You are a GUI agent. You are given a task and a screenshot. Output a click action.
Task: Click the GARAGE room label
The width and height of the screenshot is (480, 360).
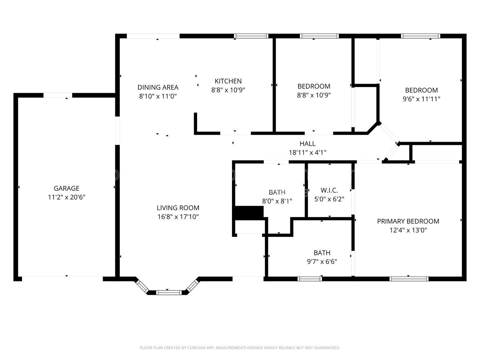click(x=66, y=188)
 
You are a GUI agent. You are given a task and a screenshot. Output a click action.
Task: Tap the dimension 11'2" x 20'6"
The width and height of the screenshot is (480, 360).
click(x=66, y=197)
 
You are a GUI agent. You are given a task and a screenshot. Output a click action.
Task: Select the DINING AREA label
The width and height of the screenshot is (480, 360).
click(x=158, y=87)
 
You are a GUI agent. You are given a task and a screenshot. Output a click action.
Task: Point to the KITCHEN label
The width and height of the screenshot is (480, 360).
click(x=228, y=81)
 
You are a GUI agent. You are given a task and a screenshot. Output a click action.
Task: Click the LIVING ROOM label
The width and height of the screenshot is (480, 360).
click(x=178, y=208)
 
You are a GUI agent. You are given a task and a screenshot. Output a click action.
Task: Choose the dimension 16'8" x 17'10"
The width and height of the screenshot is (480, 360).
click(x=178, y=217)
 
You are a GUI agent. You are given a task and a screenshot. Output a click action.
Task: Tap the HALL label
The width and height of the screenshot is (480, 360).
click(x=307, y=144)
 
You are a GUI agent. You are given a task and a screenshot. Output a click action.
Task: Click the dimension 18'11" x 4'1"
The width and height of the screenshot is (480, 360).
click(x=307, y=153)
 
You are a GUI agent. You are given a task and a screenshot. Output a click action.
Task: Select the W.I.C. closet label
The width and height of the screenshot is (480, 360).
click(x=329, y=190)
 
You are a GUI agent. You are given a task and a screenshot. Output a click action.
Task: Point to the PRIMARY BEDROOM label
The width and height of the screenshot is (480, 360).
click(x=408, y=221)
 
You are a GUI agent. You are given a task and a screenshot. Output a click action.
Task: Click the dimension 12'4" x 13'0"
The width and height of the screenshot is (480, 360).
click(x=408, y=230)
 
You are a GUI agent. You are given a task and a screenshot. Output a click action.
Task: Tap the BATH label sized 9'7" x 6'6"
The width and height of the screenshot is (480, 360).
click(x=322, y=253)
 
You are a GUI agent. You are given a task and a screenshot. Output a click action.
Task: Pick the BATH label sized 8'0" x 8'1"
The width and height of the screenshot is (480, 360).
click(x=277, y=192)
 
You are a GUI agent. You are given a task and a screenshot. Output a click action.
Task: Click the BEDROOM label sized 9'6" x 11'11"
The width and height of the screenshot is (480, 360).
click(x=421, y=90)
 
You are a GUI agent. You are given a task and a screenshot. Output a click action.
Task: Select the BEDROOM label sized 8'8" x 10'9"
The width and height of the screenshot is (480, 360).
click(x=314, y=86)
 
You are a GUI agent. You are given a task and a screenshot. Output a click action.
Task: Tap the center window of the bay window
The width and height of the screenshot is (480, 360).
click(x=169, y=292)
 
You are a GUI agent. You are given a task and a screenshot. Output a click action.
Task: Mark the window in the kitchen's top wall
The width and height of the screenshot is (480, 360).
click(x=251, y=36)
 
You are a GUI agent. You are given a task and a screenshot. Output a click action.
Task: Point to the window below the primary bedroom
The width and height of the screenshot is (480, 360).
click(x=409, y=279)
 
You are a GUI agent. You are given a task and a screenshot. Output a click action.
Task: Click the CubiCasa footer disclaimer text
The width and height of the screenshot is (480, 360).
click(x=240, y=348)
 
